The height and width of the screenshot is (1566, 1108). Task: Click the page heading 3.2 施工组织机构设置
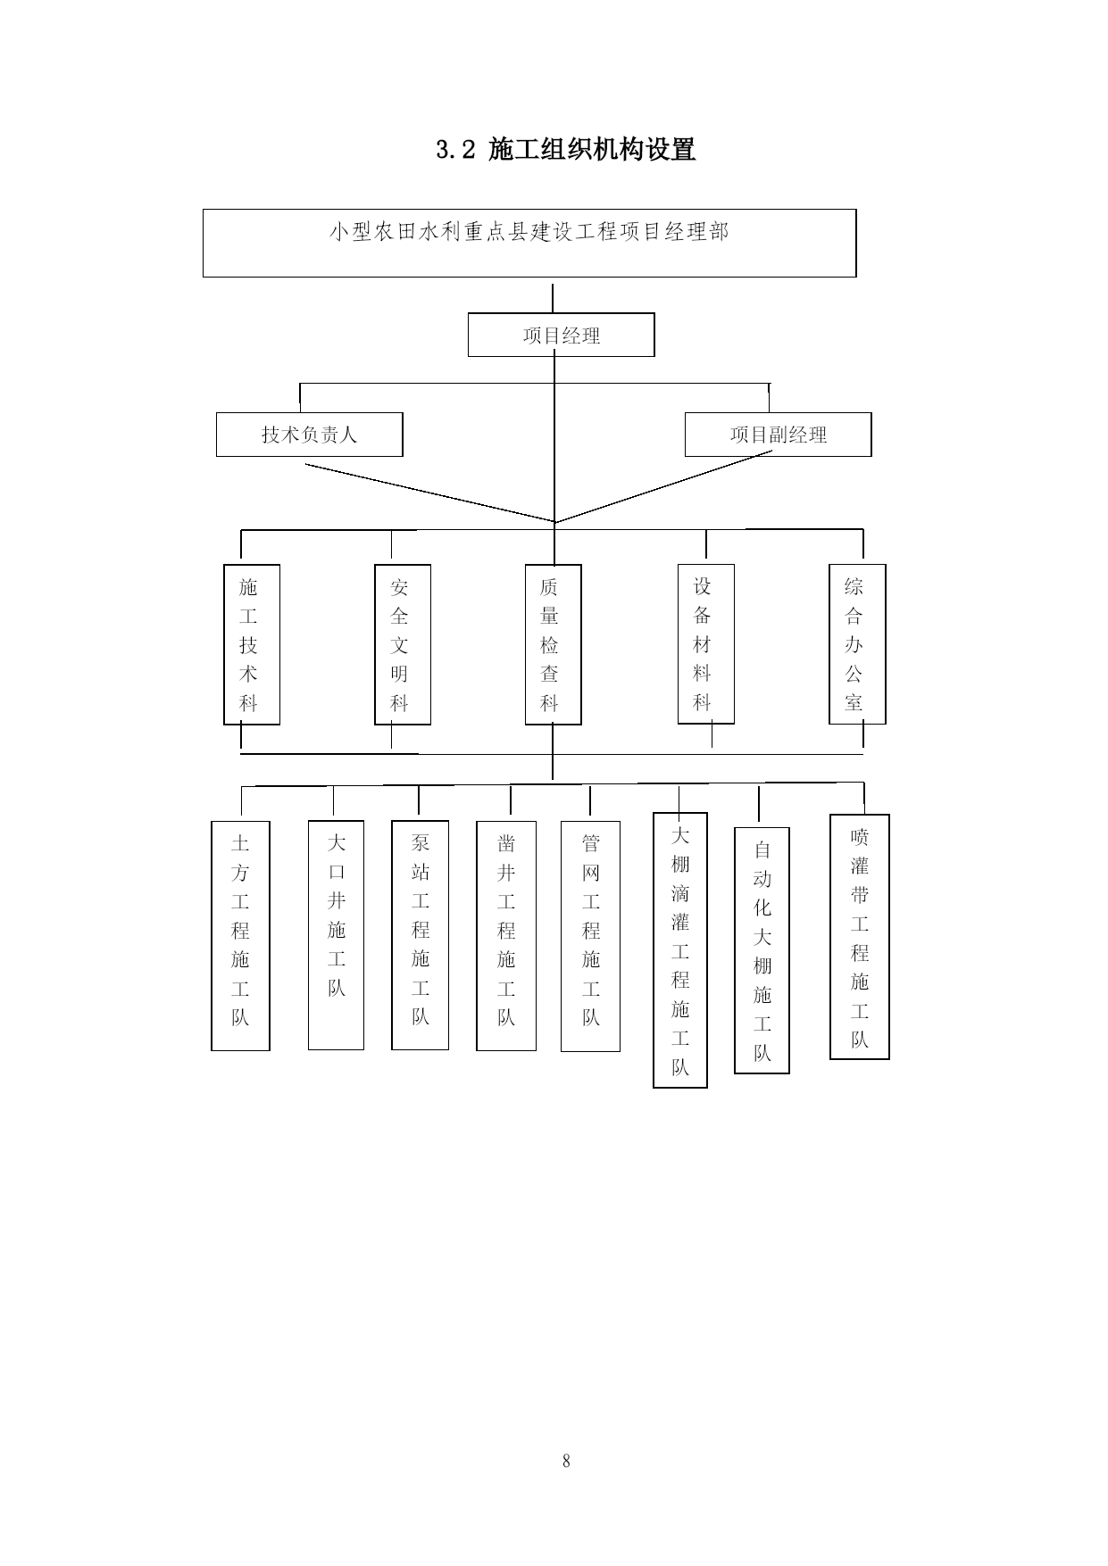pos(565,149)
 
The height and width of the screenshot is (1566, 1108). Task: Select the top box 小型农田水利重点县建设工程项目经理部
pos(529,243)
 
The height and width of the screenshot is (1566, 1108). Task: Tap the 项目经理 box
pos(562,335)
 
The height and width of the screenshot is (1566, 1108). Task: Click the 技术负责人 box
pos(310,435)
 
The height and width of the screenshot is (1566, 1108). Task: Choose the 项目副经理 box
pos(779,435)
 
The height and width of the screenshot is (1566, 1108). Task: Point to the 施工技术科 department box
pos(252,644)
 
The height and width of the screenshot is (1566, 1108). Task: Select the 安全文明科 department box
pos(403,644)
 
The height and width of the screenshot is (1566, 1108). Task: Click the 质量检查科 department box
pos(554,644)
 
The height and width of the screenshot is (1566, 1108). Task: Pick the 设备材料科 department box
pos(706,643)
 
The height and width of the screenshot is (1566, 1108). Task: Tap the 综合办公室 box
pos(857,643)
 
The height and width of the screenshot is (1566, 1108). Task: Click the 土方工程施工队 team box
pos(240,936)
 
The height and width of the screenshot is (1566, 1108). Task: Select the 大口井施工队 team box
pos(336,935)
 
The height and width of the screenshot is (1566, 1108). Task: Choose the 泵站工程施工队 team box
pos(420,935)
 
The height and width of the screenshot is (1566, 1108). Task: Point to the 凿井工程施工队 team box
pos(506,936)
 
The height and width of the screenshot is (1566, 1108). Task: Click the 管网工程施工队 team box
pos(590,936)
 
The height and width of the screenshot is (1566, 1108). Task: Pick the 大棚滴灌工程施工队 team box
pos(680,950)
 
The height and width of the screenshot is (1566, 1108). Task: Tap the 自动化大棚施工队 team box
pos(762,950)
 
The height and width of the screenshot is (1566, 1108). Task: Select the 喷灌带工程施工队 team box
pos(860,937)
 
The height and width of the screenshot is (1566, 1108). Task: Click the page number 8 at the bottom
pos(566,1461)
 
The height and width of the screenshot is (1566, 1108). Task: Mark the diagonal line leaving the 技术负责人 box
pos(429,493)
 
